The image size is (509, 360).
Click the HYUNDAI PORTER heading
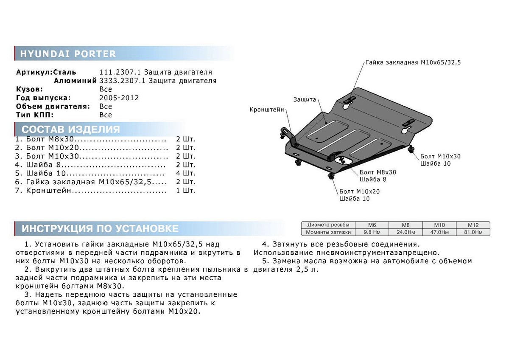[68, 54]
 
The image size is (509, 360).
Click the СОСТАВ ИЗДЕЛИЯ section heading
[70, 129]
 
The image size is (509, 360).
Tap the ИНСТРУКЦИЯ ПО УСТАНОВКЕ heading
[100, 228]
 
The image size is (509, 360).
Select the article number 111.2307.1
[115, 72]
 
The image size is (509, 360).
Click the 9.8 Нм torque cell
[371, 232]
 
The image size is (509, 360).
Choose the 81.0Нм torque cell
[473, 232]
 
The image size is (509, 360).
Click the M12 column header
[473, 225]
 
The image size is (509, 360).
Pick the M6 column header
[371, 225]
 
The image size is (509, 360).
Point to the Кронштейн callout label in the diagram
[267, 110]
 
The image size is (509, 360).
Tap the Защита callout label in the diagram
[305, 99]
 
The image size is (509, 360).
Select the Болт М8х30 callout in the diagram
[378, 172]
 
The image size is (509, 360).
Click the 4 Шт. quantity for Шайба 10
[186, 173]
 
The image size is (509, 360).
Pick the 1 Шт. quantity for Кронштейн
[186, 191]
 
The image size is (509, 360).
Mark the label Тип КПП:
[34, 115]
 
